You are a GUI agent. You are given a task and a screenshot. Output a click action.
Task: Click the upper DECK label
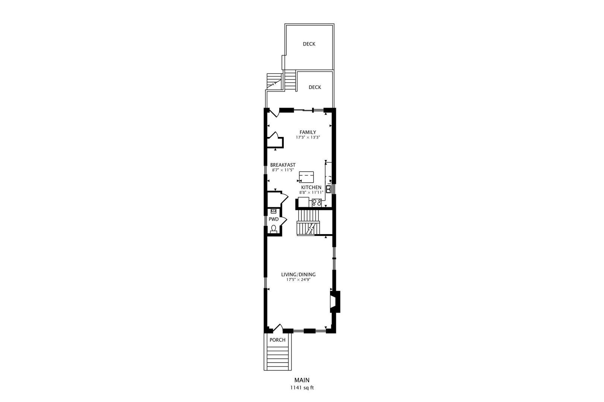(x=309, y=44)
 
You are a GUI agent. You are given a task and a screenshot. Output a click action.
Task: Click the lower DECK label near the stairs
(x=315, y=87)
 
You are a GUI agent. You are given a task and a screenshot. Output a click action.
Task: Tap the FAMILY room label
(x=308, y=132)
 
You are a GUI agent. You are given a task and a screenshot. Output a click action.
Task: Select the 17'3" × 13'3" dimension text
(x=308, y=137)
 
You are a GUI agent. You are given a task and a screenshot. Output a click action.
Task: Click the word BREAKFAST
(x=283, y=165)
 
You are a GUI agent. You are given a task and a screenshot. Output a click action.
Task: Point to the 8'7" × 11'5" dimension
(x=283, y=170)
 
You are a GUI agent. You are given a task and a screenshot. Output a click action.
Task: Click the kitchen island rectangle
(x=306, y=176)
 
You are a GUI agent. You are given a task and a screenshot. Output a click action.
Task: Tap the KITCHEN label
(x=311, y=187)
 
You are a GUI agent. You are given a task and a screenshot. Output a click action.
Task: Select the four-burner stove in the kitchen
(x=317, y=203)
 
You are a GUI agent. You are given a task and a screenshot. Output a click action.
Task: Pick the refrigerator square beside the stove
(x=303, y=202)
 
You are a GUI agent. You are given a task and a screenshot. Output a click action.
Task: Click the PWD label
(x=273, y=219)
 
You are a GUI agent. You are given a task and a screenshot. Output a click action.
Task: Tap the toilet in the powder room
(x=274, y=229)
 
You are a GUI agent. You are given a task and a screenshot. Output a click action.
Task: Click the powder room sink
(x=273, y=211)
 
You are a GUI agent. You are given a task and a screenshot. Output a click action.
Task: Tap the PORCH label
(x=277, y=340)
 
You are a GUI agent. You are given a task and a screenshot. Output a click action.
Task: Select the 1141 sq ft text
(x=302, y=387)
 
